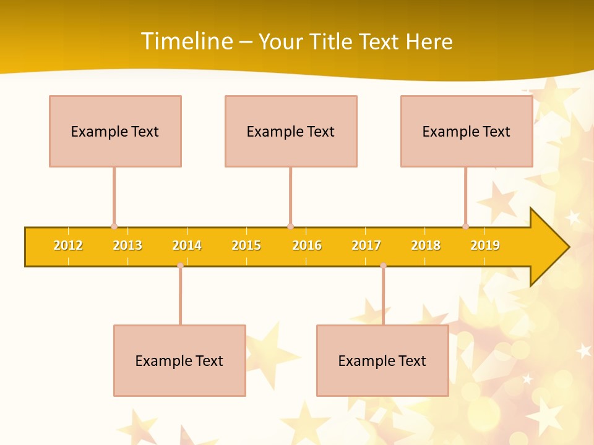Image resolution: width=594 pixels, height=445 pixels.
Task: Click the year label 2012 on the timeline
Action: click(x=68, y=246)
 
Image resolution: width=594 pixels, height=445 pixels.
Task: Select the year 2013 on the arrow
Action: click(x=127, y=246)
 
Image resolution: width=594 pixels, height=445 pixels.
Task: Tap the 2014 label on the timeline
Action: click(x=187, y=246)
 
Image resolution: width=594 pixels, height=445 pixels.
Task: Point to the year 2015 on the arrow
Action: click(x=246, y=246)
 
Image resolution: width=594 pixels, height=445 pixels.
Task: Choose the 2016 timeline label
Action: click(x=307, y=246)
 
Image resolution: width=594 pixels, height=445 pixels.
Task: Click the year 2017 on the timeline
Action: click(x=366, y=246)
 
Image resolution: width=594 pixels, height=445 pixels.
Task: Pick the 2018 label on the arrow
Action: click(x=426, y=246)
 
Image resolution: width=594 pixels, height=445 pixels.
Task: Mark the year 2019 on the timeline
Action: click(x=485, y=246)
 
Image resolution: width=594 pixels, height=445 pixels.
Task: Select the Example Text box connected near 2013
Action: click(x=115, y=131)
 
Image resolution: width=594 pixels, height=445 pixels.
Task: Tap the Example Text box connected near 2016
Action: click(x=291, y=131)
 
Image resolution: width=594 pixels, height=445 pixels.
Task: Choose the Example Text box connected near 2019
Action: click(x=467, y=131)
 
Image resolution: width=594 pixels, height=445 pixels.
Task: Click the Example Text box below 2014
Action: click(x=179, y=360)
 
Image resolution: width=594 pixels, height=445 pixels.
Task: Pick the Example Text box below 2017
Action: click(x=382, y=360)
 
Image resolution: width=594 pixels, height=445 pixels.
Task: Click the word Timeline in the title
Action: click(x=187, y=41)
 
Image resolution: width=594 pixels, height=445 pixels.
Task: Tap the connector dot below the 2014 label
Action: click(x=180, y=266)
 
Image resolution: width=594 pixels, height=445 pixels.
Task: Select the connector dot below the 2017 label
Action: click(x=383, y=266)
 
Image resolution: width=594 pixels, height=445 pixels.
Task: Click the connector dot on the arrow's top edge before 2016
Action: click(x=290, y=226)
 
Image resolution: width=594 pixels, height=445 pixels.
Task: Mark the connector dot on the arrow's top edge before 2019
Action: click(x=465, y=226)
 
